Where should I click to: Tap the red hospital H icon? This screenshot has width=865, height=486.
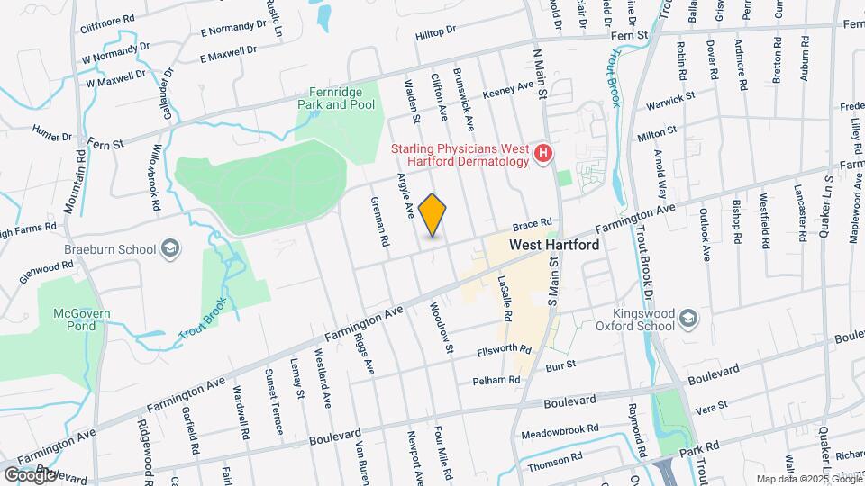[542, 154]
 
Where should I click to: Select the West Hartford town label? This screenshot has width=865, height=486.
[554, 244]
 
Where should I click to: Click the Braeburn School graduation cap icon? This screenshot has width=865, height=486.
[169, 248]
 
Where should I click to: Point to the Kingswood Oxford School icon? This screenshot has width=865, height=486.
[688, 318]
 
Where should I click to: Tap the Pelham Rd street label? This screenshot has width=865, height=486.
[502, 381]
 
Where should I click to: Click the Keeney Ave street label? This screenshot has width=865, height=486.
[508, 89]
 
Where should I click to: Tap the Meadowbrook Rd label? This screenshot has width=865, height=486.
[553, 431]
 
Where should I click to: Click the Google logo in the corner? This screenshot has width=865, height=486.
[29, 474]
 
